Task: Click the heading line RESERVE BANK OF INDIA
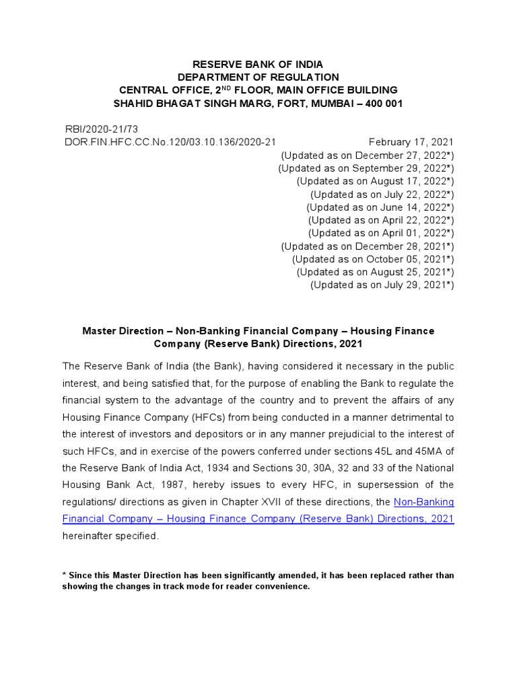[258, 65]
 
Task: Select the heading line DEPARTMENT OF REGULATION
[258, 77]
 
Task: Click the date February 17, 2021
[411, 142]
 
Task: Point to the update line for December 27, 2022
[367, 155]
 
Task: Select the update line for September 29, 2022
[366, 168]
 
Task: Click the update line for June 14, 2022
[380, 207]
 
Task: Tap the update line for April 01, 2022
[381, 233]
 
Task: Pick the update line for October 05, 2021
[373, 259]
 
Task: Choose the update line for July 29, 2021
[382, 285]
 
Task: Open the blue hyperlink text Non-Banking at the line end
[423, 501]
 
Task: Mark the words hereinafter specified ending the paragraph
[111, 536]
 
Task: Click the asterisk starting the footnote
[64, 575]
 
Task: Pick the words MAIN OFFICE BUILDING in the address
[342, 90]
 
